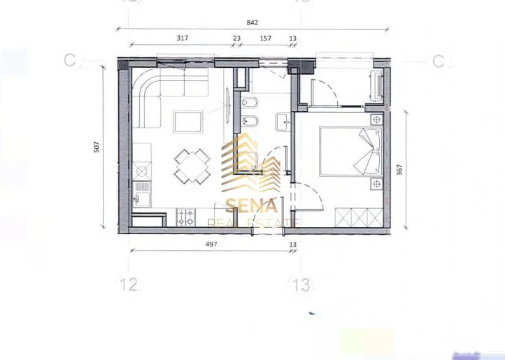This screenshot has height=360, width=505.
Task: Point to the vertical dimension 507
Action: [97, 147]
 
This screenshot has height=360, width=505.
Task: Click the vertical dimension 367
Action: [399, 173]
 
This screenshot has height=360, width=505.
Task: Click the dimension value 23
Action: [236, 39]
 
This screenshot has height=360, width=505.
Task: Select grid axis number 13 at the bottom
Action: [301, 285]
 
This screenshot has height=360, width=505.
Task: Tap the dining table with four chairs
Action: [191, 166]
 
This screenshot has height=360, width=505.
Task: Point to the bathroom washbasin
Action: [283, 122]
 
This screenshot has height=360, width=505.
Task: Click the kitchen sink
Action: [142, 193]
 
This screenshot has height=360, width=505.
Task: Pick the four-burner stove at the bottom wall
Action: [185, 217]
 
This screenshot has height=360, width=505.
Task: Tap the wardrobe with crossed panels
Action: [358, 217]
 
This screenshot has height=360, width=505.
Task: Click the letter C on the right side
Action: [439, 62]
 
